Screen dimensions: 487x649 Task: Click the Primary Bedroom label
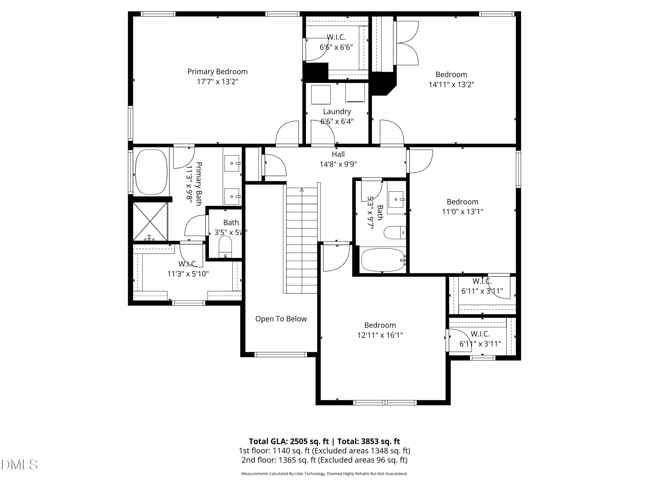pos(217,72)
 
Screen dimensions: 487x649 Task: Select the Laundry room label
pos(337,111)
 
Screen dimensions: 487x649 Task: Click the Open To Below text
pos(281,319)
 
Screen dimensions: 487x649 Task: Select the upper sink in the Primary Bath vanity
pos(232,163)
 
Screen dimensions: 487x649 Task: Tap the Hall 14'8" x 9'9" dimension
pos(338,164)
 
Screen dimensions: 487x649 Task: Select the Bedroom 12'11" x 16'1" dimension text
pos(380,335)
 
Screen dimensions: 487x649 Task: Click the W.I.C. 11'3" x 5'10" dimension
pos(188,274)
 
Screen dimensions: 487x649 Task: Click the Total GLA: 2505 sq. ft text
pos(289,441)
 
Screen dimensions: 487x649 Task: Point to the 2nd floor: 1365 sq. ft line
pos(324,460)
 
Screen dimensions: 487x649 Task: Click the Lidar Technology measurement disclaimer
pos(324,474)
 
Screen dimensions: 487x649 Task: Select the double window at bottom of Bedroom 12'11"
pos(384,402)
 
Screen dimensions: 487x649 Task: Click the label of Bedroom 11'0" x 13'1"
pos(462,202)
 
